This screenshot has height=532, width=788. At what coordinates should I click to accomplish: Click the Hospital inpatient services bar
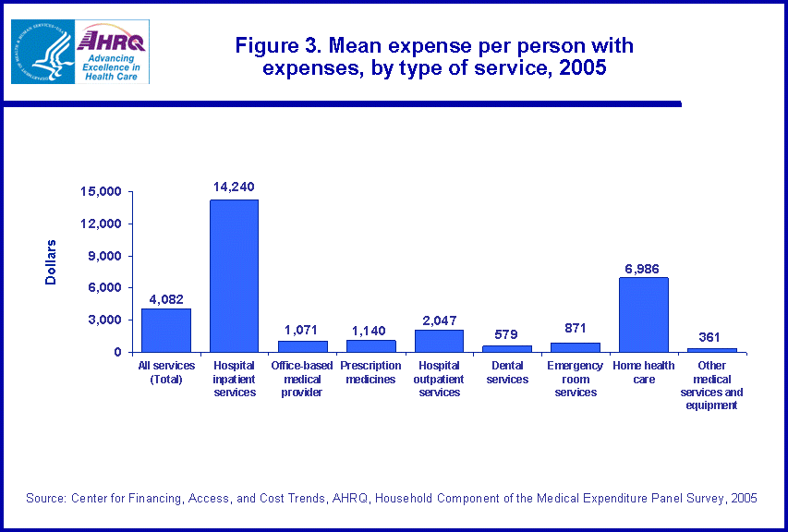pyautogui.click(x=234, y=275)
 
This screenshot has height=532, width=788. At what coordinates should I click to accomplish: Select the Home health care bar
pyautogui.click(x=643, y=314)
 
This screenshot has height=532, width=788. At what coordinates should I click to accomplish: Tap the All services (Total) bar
pyautogui.click(x=166, y=330)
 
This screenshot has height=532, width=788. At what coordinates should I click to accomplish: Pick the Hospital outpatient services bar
pyautogui.click(x=439, y=341)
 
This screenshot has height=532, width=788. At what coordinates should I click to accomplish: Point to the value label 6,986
pyautogui.click(x=643, y=267)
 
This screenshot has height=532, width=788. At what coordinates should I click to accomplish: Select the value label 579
pyautogui.click(x=507, y=334)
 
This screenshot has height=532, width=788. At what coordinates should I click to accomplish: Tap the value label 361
pyautogui.click(x=711, y=337)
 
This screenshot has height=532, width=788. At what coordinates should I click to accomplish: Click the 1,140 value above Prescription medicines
pyautogui.click(x=370, y=330)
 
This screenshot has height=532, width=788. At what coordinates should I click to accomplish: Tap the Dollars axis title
pyautogui.click(x=52, y=261)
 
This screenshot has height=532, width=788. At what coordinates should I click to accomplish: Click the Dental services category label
pyautogui.click(x=507, y=373)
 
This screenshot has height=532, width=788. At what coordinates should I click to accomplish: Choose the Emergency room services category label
pyautogui.click(x=576, y=380)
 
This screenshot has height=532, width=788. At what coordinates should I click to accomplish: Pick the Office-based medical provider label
pyautogui.click(x=302, y=380)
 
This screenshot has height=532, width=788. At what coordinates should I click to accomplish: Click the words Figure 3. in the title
pyautogui.click(x=269, y=45)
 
